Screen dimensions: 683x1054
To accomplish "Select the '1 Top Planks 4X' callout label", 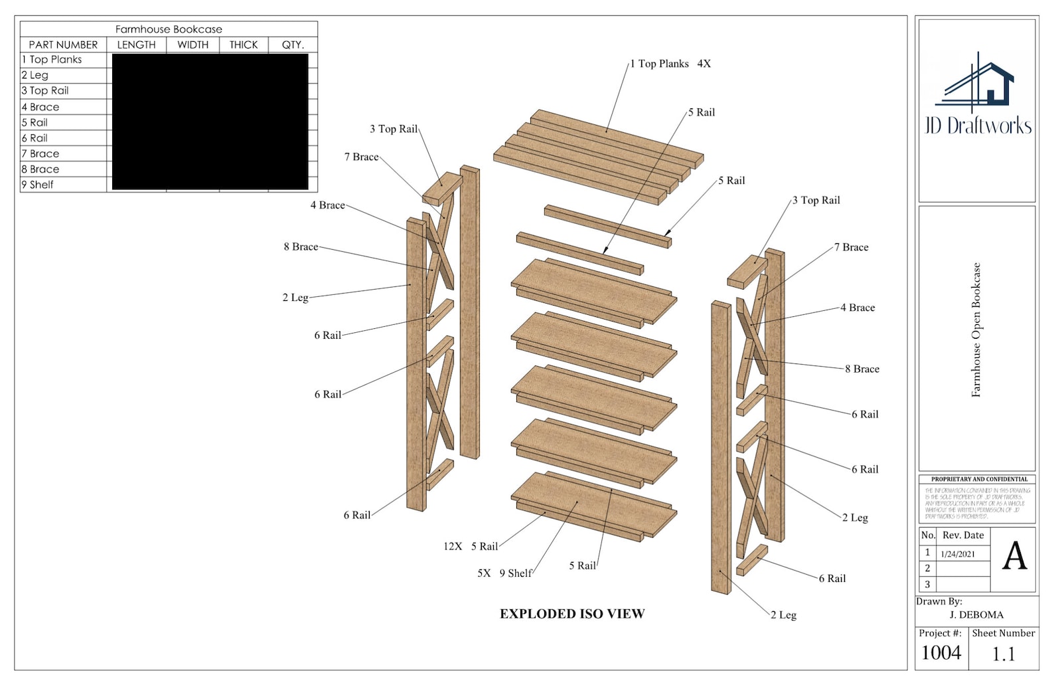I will [x=670, y=64].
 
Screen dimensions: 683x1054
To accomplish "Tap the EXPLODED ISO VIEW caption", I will [x=572, y=614].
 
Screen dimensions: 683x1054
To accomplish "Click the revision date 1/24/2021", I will [x=958, y=554].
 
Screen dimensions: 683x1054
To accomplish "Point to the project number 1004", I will [x=941, y=653].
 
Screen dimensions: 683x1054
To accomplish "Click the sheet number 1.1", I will [x=1003, y=655].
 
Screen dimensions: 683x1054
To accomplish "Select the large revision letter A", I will [x=1014, y=557].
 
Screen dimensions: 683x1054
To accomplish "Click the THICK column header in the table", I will [x=244, y=45].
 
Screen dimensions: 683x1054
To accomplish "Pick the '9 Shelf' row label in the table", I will [x=38, y=185].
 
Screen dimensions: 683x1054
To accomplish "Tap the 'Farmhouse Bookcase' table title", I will [x=169, y=29].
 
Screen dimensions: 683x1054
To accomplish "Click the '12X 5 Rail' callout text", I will [x=471, y=546].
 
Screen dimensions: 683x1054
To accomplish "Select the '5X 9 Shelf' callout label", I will [x=504, y=573].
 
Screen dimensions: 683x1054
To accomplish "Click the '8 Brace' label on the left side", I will [x=301, y=246].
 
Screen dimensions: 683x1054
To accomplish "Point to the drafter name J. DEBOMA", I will [x=976, y=615].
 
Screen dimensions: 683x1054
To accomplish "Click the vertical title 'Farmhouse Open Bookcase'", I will [x=976, y=330].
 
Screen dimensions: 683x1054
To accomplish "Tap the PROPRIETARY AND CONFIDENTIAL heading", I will [x=979, y=479].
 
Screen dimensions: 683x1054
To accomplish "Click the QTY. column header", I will [x=293, y=45].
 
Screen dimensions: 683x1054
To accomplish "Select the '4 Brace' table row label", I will [x=40, y=107].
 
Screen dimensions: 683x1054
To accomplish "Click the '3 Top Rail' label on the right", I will [x=816, y=200].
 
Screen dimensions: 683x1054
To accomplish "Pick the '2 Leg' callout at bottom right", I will [x=784, y=615].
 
